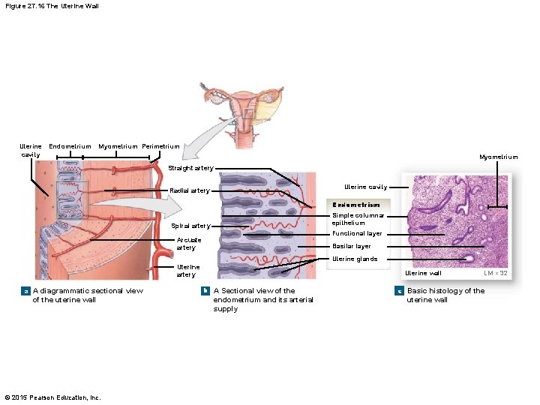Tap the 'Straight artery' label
190,168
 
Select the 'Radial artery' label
190,190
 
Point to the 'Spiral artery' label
191,226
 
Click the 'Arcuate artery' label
187,244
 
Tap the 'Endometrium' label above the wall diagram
70,146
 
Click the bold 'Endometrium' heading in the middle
357,204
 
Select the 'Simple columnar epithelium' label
358,219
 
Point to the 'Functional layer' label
357,233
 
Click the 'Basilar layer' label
352,246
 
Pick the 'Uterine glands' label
355,259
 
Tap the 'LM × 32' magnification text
496,273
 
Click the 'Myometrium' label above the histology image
499,157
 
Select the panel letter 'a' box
26,291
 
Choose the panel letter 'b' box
205,291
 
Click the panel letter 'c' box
400,291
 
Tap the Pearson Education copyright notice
52,397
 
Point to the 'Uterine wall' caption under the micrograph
423,273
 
